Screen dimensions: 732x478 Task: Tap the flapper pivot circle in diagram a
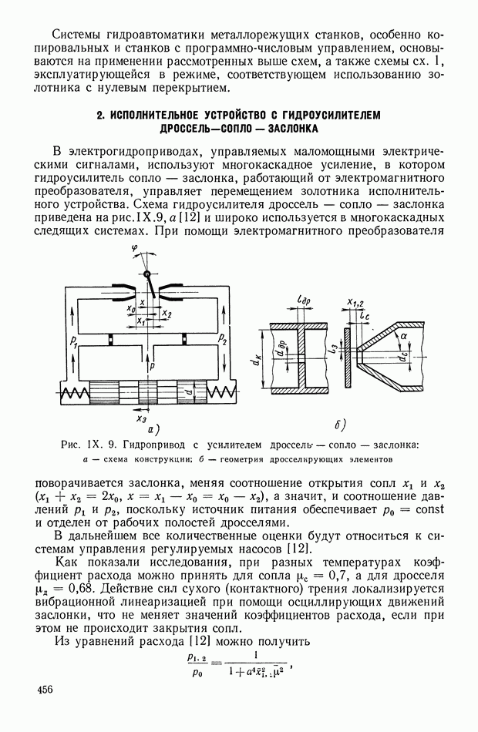[x=146, y=274]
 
